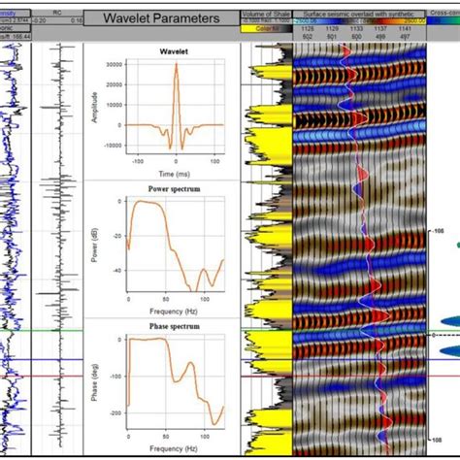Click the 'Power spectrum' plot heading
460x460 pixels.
tap(174, 189)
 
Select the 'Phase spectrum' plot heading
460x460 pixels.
tap(174, 326)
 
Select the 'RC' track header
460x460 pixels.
tap(58, 12)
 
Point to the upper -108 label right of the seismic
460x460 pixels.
tap(440, 233)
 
